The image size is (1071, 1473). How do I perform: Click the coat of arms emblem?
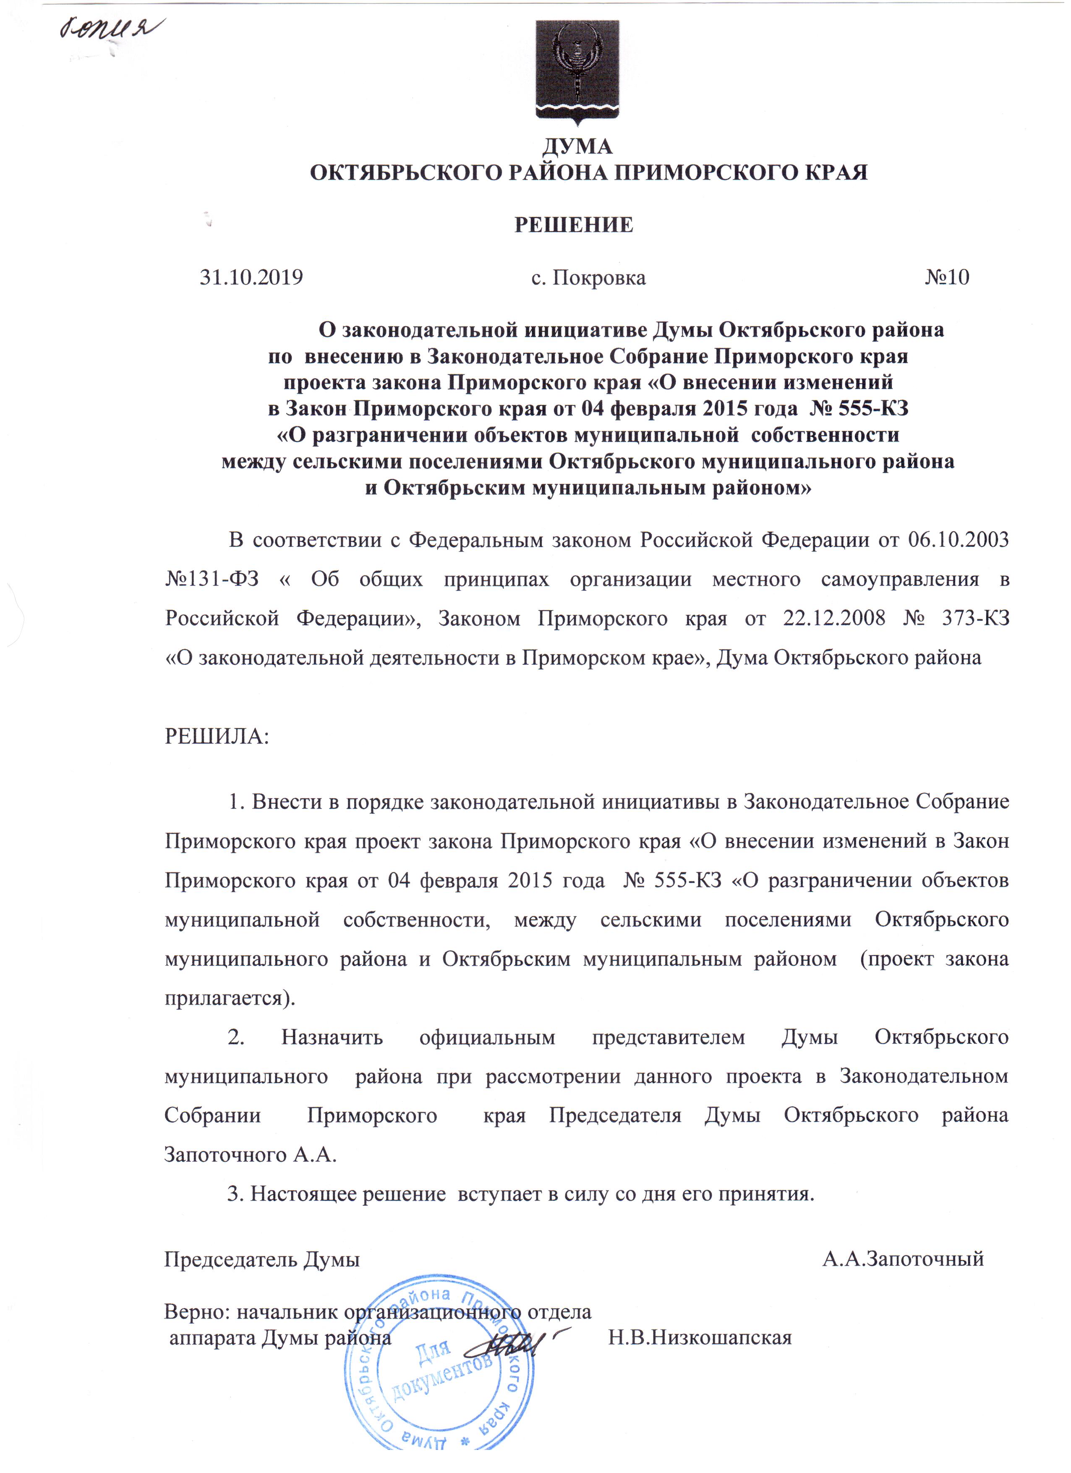pos(577,70)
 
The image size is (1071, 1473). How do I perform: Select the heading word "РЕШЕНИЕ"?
pos(574,225)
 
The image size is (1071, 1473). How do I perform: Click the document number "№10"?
pos(946,278)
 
